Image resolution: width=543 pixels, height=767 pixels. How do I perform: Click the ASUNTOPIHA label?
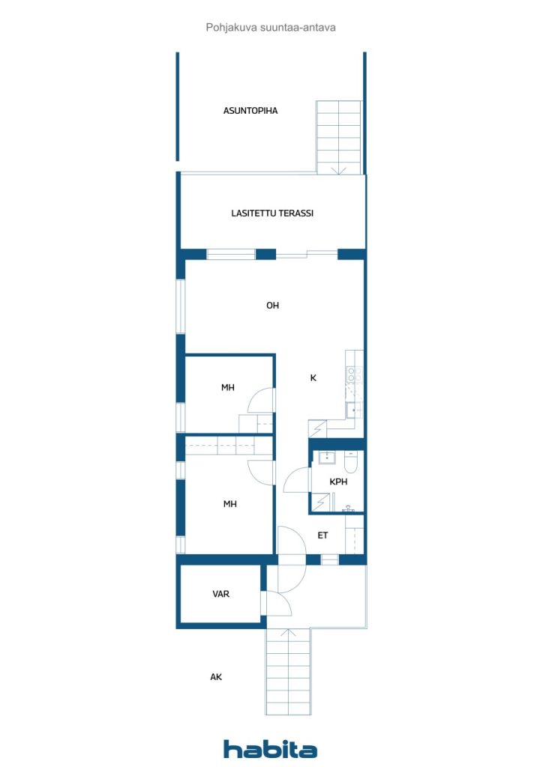click(x=250, y=111)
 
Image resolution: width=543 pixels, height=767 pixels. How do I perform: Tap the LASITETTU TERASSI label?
click(x=272, y=213)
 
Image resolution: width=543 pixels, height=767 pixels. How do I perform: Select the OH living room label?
click(x=272, y=306)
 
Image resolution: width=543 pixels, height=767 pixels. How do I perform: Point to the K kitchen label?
click(x=313, y=378)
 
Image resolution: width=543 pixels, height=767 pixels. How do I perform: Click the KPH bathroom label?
click(x=338, y=482)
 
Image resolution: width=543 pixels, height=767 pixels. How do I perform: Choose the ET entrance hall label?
click(x=322, y=535)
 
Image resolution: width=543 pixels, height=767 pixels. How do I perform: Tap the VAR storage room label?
click(x=220, y=594)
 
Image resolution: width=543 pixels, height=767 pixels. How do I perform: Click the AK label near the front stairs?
click(x=216, y=677)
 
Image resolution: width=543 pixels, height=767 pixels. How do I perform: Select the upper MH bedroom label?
click(x=228, y=387)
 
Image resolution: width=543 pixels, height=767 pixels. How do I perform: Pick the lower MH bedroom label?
click(x=229, y=504)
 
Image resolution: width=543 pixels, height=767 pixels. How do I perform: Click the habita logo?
click(x=270, y=749)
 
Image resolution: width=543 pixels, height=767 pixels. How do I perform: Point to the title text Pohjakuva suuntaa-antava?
click(x=271, y=28)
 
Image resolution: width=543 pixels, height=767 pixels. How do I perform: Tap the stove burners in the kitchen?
click(x=355, y=375)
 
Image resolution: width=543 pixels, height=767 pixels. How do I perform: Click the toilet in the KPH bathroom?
click(x=352, y=461)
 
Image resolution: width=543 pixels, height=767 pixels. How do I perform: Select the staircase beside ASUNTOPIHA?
click(x=339, y=138)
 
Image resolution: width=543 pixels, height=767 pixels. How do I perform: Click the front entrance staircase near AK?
click(x=289, y=671)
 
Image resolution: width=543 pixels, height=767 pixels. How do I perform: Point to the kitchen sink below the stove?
click(x=353, y=410)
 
